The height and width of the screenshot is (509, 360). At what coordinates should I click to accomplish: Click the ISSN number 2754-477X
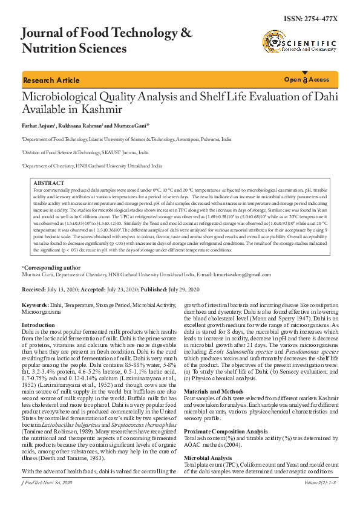[x=310, y=19]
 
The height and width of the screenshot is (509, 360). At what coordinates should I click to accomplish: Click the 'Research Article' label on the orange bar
[x=51, y=80]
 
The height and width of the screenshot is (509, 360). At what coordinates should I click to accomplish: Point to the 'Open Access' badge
[x=307, y=80]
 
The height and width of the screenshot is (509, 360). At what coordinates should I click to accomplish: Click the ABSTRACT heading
[x=48, y=183]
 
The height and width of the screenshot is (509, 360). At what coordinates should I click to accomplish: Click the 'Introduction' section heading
[x=38, y=325]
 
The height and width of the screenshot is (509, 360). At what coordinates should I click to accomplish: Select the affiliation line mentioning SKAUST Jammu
[x=85, y=154]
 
